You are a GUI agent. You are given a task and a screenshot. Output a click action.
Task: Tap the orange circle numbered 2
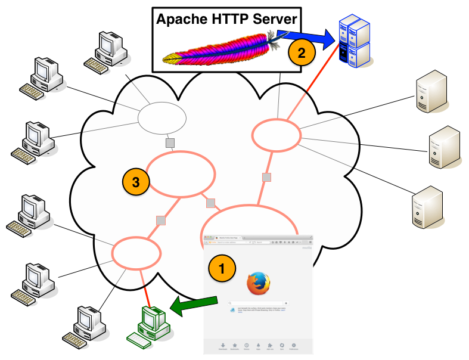[302, 52]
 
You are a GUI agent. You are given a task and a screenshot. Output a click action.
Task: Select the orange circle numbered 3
[136, 182]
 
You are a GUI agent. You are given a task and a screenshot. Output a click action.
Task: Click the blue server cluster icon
[354, 41]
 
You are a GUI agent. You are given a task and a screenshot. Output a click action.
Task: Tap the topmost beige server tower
[431, 91]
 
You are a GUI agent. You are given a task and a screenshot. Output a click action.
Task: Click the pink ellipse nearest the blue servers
[277, 135]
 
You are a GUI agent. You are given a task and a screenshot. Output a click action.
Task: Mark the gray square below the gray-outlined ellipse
[170, 143]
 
